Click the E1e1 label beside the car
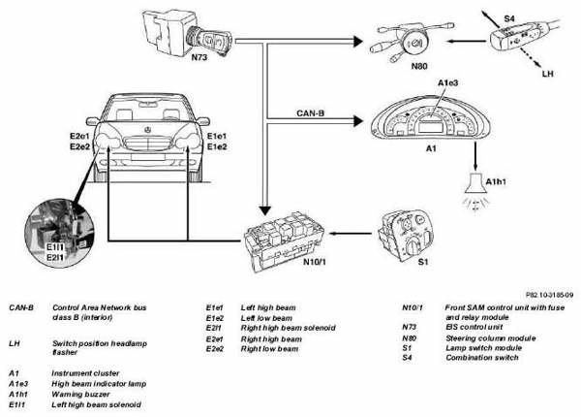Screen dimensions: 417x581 218,136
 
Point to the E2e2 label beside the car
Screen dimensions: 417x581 80,147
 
